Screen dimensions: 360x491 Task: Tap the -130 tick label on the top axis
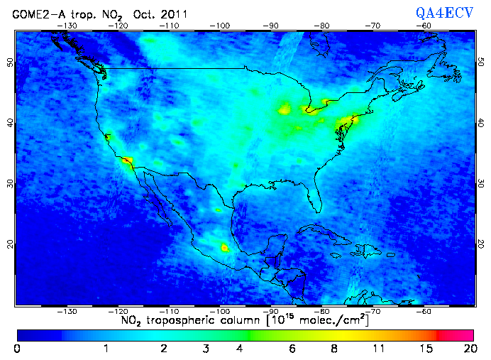[x=68, y=26]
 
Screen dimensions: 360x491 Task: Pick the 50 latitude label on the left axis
[x=10, y=62]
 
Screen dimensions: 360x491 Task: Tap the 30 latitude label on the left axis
[x=10, y=183]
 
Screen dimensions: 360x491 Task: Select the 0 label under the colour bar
[x=17, y=349]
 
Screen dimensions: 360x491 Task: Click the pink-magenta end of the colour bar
[x=460, y=334]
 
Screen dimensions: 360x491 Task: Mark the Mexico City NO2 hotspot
[x=226, y=248]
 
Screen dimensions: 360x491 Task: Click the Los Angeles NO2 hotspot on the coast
[x=127, y=161]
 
